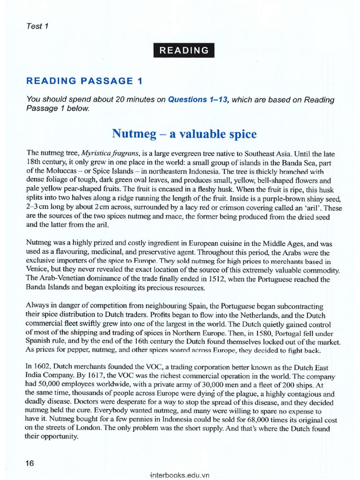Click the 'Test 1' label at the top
[x=38, y=26]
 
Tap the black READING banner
[x=184, y=50]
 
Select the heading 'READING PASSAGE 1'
[x=84, y=81]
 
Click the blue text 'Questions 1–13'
[x=198, y=100]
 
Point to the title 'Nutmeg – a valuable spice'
[x=184, y=134]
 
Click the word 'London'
[x=77, y=428]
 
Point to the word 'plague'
[x=238, y=393]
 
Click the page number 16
[x=30, y=463]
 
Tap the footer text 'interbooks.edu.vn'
[x=180, y=474]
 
